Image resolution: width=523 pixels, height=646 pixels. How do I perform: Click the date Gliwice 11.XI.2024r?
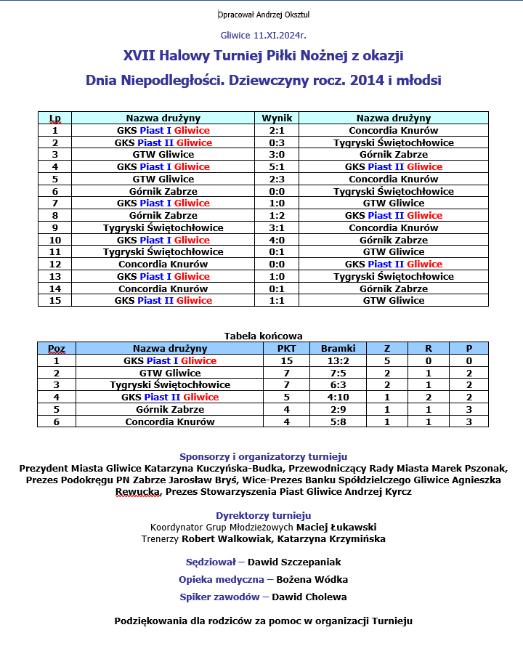click(x=264, y=35)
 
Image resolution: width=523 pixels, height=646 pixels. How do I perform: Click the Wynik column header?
click(x=277, y=118)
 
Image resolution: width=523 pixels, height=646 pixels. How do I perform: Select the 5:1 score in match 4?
click(x=277, y=166)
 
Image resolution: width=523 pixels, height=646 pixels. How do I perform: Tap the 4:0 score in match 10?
click(x=277, y=240)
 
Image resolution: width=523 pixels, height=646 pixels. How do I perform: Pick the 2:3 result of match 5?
click(x=277, y=179)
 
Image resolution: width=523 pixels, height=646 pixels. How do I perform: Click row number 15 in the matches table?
click(x=54, y=300)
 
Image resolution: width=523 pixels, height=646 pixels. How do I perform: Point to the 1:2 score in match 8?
click(x=277, y=215)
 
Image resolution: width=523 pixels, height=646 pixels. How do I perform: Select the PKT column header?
click(x=286, y=348)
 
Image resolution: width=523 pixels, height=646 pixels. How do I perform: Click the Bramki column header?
click(x=338, y=348)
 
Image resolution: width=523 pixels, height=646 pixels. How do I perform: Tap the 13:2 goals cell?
click(x=338, y=360)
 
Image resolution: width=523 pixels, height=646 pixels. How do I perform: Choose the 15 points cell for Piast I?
click(x=286, y=360)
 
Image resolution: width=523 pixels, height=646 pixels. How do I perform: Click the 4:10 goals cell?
click(x=338, y=397)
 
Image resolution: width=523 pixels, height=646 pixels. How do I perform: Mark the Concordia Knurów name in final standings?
click(x=170, y=421)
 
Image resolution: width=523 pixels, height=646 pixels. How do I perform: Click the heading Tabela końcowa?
click(x=264, y=336)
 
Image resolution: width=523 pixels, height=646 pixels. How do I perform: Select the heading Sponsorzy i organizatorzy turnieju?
click(x=264, y=456)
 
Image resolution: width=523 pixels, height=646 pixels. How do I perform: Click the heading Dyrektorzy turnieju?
click(x=264, y=515)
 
